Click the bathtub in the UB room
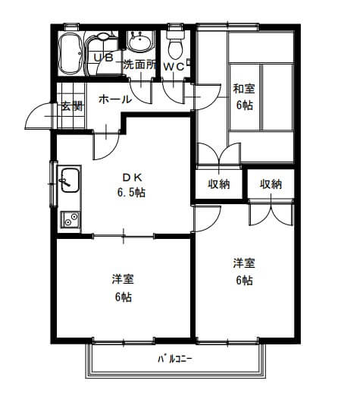(70, 53)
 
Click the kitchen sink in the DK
(70, 180)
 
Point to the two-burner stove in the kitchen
(70, 219)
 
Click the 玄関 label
(72, 106)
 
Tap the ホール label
(115, 99)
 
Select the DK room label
(132, 178)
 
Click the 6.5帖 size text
(131, 193)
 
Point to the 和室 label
(244, 89)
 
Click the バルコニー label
(175, 359)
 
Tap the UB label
(104, 58)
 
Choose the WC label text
(174, 67)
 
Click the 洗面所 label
(139, 64)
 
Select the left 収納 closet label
(219, 184)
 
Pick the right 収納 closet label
(271, 184)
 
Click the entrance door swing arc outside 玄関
(33, 112)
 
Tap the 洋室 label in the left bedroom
(123, 278)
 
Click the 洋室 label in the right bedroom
(244, 263)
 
